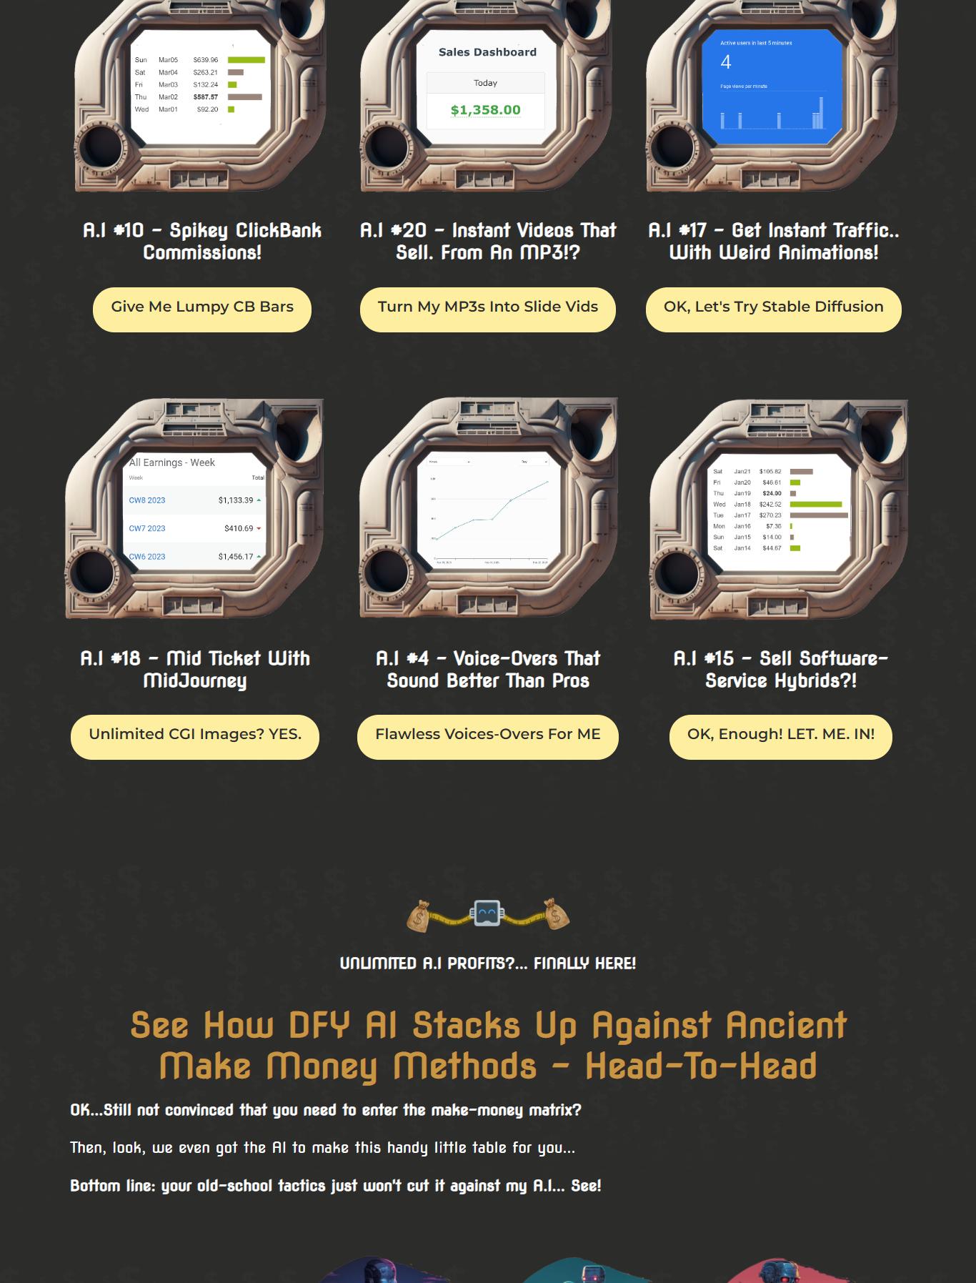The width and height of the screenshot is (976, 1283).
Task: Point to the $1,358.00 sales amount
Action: coord(486,110)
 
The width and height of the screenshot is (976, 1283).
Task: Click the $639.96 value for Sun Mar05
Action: coord(206,60)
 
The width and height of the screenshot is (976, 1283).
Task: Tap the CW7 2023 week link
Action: coord(147,528)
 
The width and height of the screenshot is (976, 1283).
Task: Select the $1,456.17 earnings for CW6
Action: coord(236,556)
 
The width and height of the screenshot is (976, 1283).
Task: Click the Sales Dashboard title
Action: coord(487,52)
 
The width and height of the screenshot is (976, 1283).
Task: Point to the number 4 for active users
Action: coord(726,63)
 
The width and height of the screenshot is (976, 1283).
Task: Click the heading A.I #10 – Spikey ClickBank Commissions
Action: coord(202,241)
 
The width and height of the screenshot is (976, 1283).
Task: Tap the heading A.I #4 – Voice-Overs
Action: coord(488,669)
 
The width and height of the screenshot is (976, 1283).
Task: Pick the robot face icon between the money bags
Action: coord(487,913)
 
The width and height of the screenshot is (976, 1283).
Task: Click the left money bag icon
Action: coord(419,916)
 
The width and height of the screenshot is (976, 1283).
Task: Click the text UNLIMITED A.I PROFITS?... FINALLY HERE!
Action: coord(488,964)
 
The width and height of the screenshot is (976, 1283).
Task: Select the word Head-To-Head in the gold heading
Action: coord(700,1066)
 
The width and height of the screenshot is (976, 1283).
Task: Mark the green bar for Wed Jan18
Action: coord(815,504)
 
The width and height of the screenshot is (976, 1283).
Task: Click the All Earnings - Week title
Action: coord(172,462)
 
